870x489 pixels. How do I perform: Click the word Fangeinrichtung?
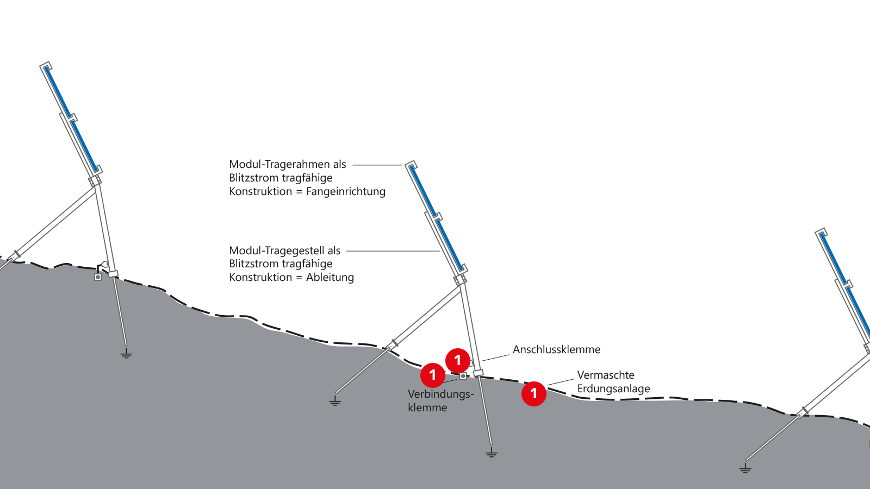[346, 192]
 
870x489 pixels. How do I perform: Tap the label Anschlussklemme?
[556, 350]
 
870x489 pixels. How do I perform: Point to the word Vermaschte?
[606, 375]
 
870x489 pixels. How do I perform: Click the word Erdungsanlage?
[613, 389]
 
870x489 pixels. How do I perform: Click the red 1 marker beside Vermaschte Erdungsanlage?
[534, 393]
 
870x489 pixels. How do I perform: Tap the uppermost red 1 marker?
[458, 360]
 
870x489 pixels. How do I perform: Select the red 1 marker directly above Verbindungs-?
[433, 375]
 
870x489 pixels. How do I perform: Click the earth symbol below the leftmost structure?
[126, 355]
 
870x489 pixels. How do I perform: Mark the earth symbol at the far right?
[745, 468]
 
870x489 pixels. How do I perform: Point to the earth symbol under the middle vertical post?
[492, 453]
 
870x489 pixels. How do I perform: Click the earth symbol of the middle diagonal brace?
[335, 402]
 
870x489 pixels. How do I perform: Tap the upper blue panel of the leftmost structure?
[58, 92]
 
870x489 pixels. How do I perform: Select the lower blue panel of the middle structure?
[450, 244]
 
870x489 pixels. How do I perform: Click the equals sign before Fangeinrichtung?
[299, 192]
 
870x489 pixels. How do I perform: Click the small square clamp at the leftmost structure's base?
[98, 277]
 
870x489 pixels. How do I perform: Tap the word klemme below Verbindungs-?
[427, 408]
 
